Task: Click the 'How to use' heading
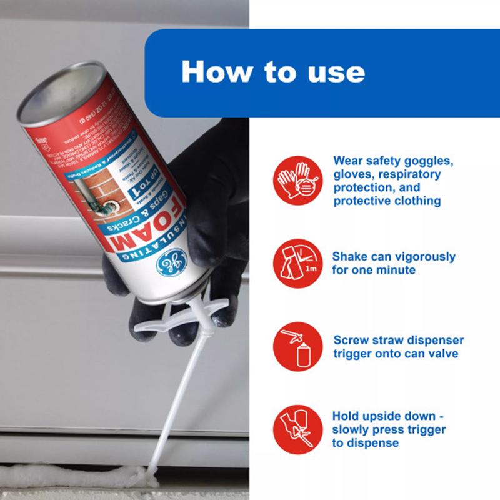pyautogui.click(x=272, y=71)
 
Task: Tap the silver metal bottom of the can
pyautogui.click(x=56, y=87)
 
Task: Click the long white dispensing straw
pyautogui.click(x=175, y=400)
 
